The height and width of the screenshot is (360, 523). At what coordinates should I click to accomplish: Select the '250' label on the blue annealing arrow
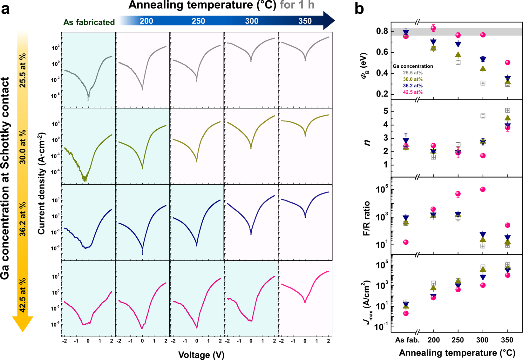(x=198, y=21)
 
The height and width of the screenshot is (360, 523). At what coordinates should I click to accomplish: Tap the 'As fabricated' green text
(x=89, y=22)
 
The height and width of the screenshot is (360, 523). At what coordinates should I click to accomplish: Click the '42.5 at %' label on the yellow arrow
(x=23, y=295)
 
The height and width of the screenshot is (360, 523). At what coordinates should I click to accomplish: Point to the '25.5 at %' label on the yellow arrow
(x=23, y=70)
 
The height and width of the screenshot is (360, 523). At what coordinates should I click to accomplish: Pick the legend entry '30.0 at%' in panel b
(x=413, y=79)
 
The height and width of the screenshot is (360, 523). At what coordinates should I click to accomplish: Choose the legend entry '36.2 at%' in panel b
(x=413, y=86)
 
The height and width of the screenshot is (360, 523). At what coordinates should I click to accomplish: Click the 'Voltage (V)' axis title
(x=201, y=355)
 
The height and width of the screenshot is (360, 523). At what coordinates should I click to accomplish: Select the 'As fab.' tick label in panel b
(x=408, y=340)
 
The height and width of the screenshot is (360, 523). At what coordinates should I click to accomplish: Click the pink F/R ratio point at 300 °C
(x=483, y=189)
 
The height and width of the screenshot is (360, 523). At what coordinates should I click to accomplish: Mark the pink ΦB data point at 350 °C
(x=508, y=63)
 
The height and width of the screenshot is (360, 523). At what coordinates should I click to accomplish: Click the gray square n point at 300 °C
(x=483, y=116)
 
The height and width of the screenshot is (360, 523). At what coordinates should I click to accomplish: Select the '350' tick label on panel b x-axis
(x=507, y=340)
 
